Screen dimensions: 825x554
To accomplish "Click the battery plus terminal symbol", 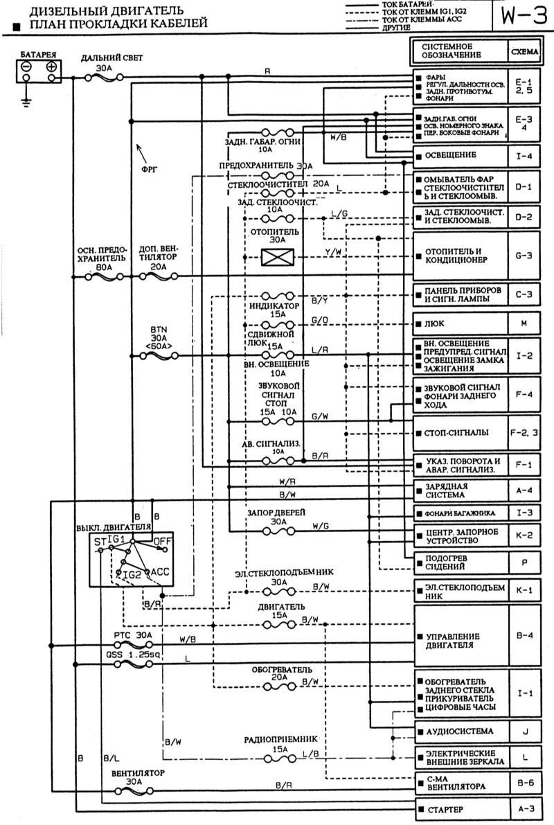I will click(51, 66).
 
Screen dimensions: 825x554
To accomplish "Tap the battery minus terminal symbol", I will click(26, 66).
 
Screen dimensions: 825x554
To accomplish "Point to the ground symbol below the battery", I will click(26, 103).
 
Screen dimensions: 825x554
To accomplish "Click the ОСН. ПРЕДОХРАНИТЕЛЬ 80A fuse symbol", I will click(101, 276).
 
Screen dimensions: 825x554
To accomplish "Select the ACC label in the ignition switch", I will click(160, 572).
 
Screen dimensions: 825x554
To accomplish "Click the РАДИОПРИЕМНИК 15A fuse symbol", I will click(280, 759).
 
